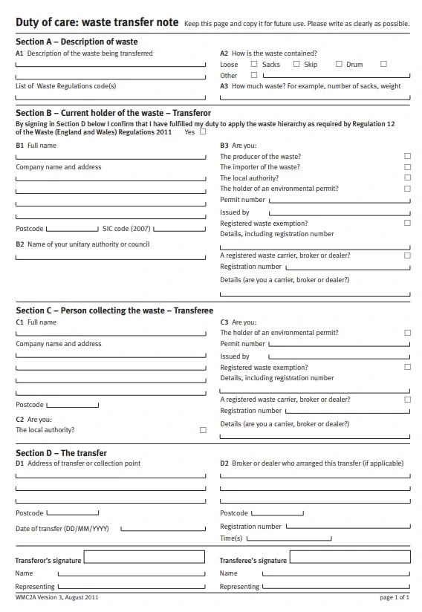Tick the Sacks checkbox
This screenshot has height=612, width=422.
point(254,64)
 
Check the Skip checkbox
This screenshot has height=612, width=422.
point(296,64)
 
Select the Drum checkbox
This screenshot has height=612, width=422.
point(339,64)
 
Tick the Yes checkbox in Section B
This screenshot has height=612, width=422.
point(203,131)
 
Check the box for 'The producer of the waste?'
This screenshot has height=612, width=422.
point(407,157)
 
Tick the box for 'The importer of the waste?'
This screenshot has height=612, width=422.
point(407,167)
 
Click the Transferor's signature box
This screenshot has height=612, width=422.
point(146,557)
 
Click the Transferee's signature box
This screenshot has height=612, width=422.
point(349,557)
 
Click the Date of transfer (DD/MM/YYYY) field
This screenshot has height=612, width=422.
point(163,530)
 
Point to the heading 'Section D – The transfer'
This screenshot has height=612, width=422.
point(61,452)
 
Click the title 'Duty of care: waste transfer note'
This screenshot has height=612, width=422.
point(97,23)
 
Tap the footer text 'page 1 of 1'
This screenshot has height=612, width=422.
point(395,597)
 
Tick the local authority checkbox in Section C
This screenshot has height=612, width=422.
point(203,430)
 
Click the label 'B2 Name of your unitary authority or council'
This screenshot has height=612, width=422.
point(82,244)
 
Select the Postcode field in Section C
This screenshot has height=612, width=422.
point(72,406)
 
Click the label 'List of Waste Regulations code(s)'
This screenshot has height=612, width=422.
point(66,86)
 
